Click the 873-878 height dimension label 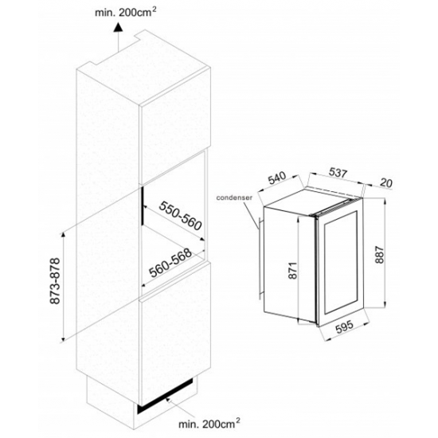point(55,281)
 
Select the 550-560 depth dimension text point(180,216)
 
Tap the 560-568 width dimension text point(170,263)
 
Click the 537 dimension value point(338,173)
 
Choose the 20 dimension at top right point(386,183)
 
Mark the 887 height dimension point(380,255)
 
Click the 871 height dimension point(292,271)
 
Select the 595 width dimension point(344,327)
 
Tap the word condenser point(234,197)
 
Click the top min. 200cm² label point(125,12)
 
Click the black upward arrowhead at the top point(118,27)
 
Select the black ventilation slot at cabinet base point(165,396)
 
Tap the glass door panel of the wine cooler point(341,263)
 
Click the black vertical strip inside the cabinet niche point(143,205)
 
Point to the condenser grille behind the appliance point(260,258)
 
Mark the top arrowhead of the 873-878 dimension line point(64,234)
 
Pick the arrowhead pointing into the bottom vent point(167,400)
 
